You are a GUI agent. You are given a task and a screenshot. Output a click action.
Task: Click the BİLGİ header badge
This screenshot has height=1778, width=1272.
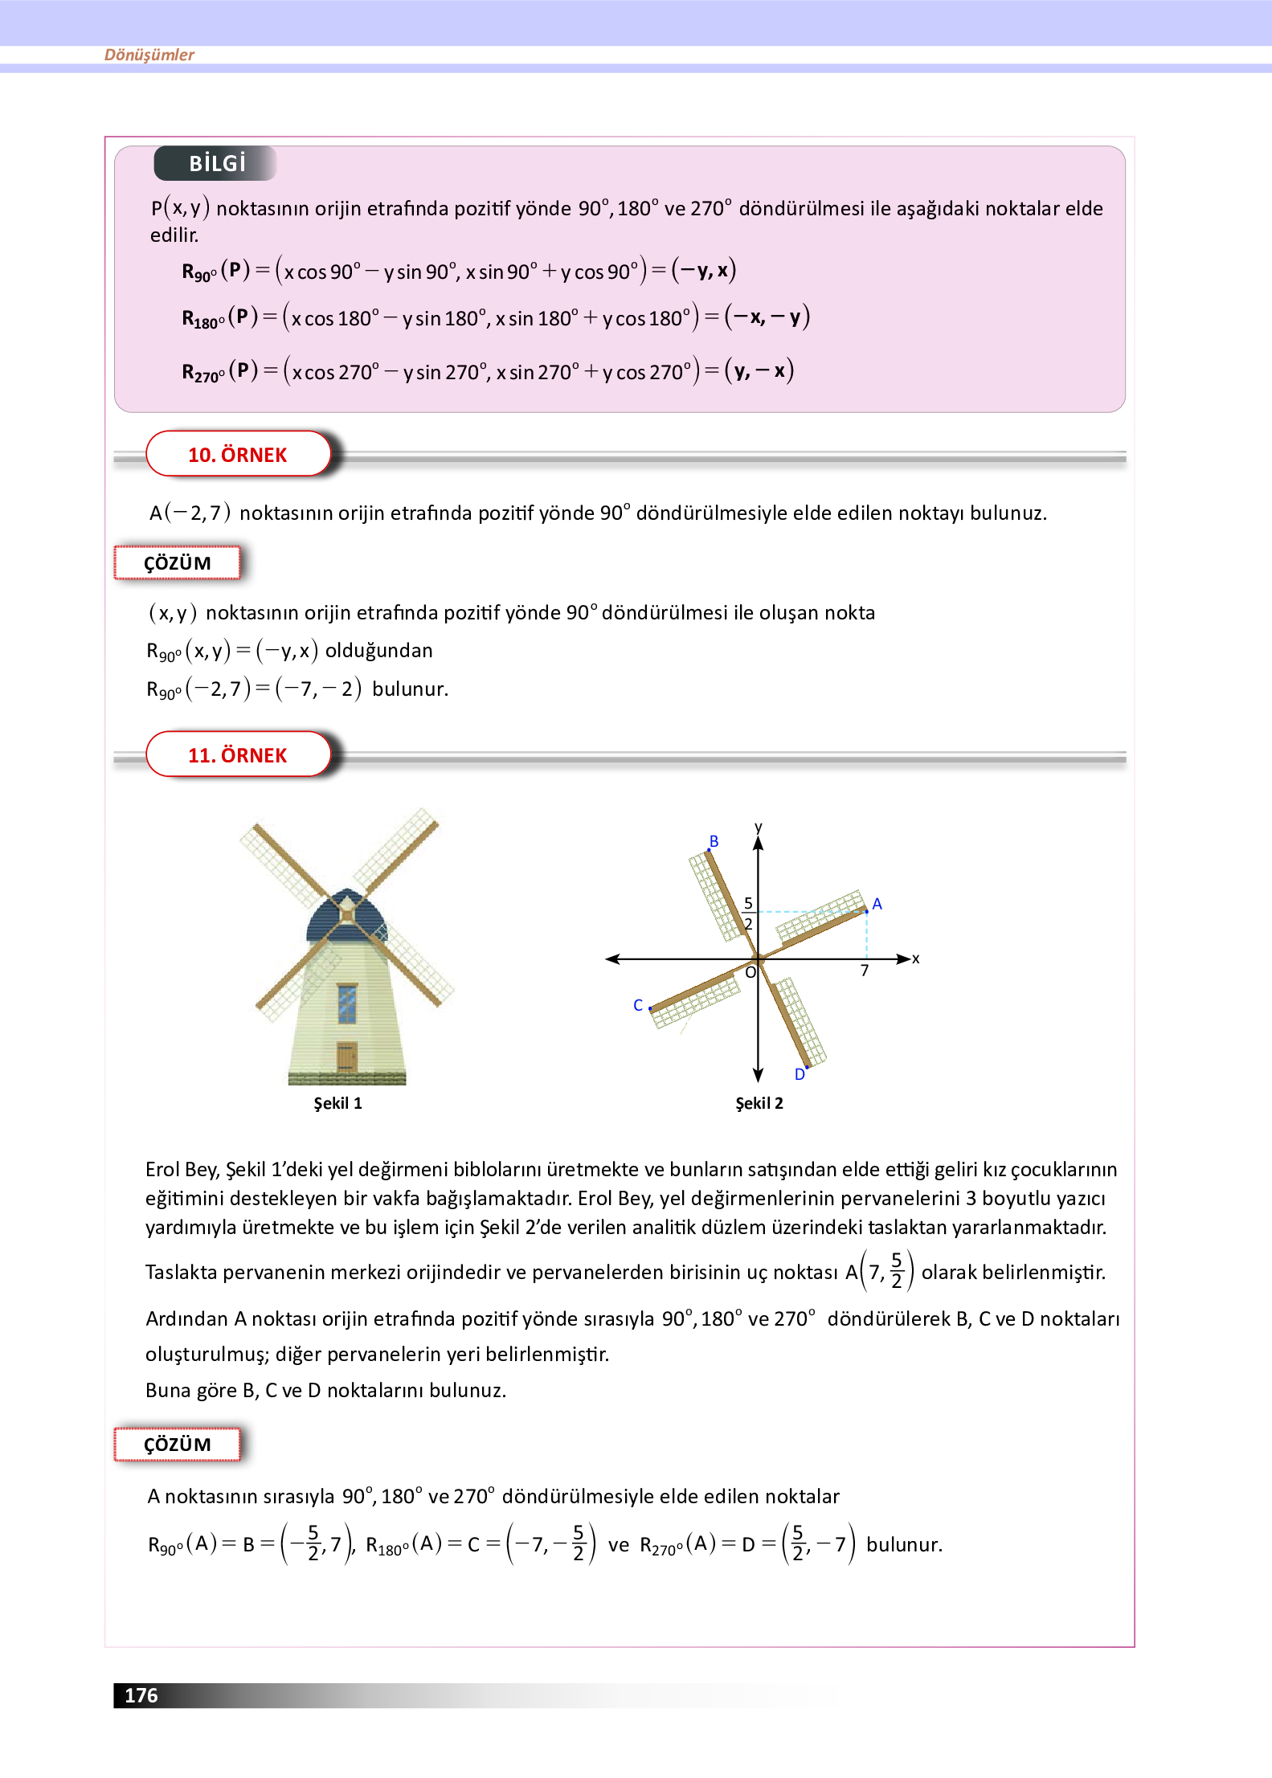coord(215,163)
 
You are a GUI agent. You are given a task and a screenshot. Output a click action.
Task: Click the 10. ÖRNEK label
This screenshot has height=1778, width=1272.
coord(238,455)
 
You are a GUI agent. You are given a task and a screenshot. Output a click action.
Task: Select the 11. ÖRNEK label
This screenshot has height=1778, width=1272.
coord(238,755)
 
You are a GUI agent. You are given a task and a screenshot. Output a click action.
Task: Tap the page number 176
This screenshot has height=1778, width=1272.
coord(141,1695)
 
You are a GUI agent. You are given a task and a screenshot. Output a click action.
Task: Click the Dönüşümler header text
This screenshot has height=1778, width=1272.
coord(149,55)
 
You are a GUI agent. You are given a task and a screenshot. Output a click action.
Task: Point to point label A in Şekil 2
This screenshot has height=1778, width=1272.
coord(877,904)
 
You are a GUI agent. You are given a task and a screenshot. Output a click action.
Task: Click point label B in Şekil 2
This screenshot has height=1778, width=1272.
coord(714,841)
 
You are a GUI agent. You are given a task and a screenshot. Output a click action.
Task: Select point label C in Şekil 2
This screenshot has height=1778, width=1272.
coord(638,1005)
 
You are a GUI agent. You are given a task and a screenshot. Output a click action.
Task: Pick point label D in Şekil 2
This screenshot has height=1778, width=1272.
coord(800,1074)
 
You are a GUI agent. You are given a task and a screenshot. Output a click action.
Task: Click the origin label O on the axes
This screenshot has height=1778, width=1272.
coord(751,973)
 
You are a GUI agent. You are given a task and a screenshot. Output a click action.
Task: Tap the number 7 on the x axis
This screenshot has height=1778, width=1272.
coord(865,971)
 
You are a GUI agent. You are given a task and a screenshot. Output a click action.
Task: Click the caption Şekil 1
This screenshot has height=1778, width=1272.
coord(337,1103)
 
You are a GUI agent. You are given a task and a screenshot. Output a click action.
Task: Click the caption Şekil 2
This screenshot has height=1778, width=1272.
coord(759,1103)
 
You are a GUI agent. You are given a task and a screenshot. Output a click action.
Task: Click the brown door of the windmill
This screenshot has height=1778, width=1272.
coord(346,1057)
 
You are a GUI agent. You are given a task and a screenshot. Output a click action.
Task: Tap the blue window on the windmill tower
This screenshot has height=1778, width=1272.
coord(346,1003)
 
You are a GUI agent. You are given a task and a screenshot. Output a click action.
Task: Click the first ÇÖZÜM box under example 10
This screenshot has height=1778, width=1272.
coord(178,563)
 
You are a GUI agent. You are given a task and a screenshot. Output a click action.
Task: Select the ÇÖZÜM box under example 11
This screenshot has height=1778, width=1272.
coord(178,1445)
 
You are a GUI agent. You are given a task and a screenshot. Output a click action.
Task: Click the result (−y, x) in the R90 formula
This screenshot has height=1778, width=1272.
coord(704,270)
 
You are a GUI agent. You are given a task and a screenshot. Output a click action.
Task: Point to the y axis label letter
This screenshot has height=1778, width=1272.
coord(759,827)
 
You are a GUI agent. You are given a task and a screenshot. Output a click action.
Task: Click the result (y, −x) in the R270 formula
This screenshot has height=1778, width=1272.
coord(759,371)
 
